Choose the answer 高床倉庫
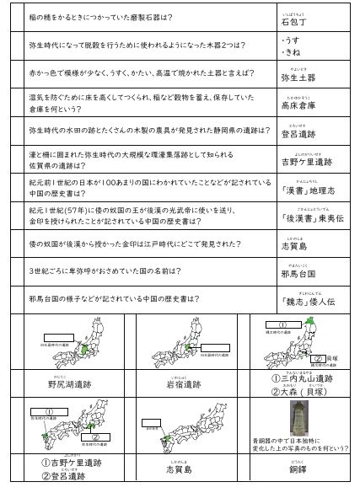pyautogui.click(x=301, y=107)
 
